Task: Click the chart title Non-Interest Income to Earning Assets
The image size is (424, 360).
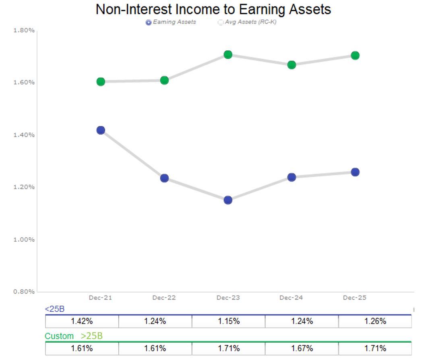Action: (x=213, y=9)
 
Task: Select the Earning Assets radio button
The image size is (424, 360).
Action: (x=149, y=23)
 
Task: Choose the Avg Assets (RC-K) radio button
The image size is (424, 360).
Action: (x=220, y=23)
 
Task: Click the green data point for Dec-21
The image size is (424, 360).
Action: (x=101, y=82)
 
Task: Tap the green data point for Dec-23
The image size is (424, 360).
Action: (x=228, y=55)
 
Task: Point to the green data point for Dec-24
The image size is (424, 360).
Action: (x=292, y=65)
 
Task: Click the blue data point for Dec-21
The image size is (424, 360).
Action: (x=101, y=130)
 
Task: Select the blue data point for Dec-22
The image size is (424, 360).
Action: (x=164, y=178)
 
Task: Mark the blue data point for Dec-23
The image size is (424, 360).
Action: (x=228, y=200)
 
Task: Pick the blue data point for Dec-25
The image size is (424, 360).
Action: (x=355, y=172)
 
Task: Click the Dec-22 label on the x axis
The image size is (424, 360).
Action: (x=164, y=298)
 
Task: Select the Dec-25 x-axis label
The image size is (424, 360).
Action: (x=355, y=298)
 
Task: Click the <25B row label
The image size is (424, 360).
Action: (x=55, y=309)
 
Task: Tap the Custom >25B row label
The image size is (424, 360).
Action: (x=74, y=336)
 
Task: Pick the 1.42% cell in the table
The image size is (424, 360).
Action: (x=82, y=321)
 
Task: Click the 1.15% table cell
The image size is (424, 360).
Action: (x=228, y=321)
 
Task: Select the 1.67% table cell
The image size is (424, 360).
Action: (x=302, y=348)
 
